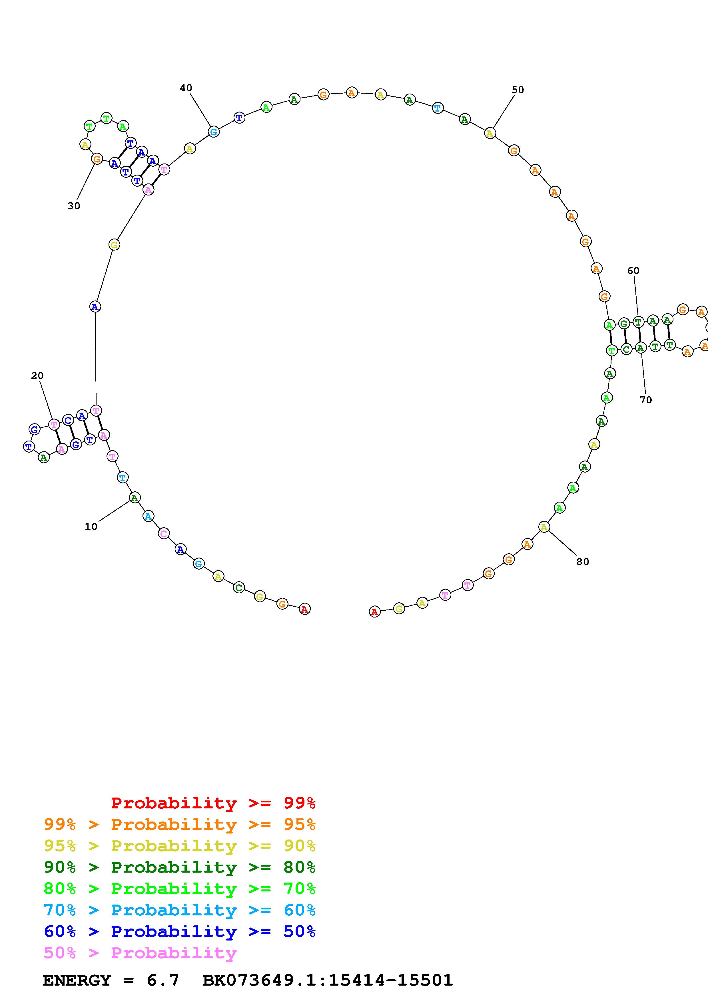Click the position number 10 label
pos(91,527)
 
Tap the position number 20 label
pos(37,376)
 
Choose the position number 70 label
pos(646,400)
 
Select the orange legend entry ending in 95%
pos(180,824)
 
